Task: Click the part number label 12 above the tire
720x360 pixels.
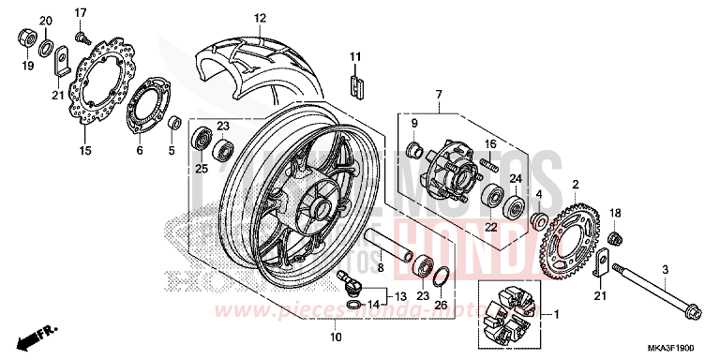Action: [260, 18]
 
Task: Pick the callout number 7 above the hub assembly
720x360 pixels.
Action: [437, 95]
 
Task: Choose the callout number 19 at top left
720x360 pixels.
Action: [25, 66]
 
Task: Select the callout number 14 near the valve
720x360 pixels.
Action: [373, 305]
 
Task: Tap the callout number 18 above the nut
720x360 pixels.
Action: [616, 213]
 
